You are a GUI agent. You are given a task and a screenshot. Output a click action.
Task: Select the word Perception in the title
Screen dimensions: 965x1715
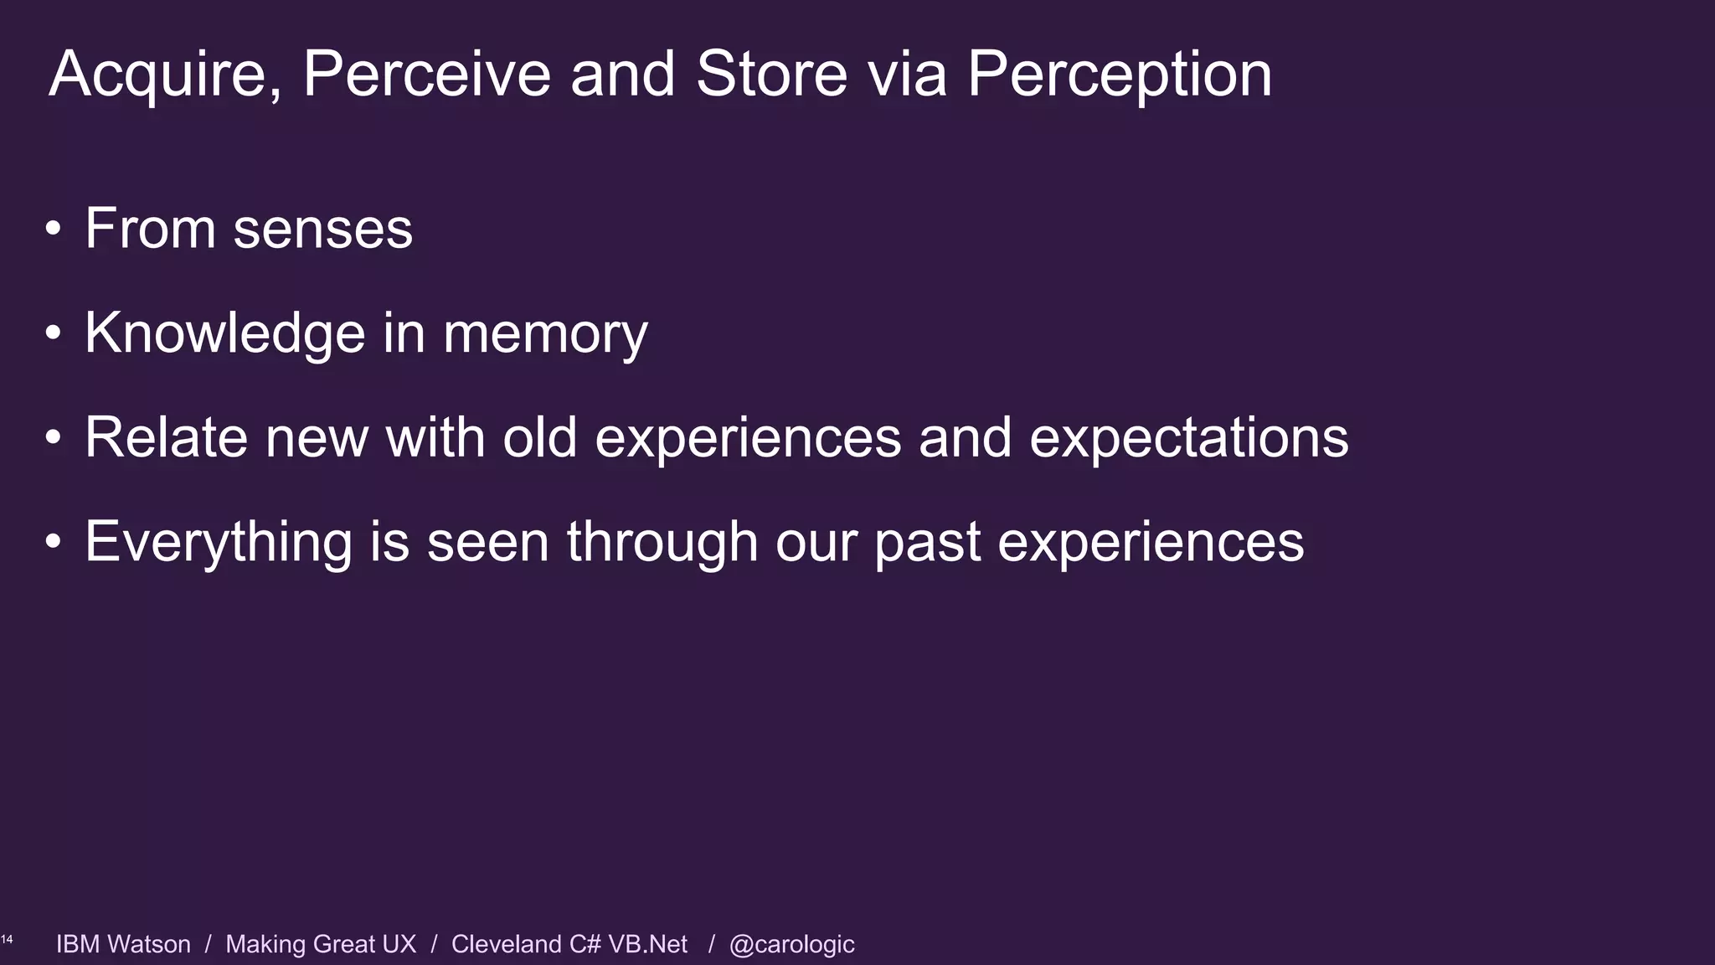pos(1120,75)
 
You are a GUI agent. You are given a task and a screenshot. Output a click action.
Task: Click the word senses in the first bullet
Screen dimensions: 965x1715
pos(322,229)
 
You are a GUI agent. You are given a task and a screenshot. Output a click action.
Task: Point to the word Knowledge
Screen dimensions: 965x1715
pos(224,333)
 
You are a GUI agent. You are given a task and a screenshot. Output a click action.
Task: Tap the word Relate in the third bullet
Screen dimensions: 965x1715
pos(166,437)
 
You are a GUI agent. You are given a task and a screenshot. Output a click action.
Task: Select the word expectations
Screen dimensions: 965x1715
pos(1188,439)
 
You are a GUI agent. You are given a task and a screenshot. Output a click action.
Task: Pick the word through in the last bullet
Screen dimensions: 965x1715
pos(662,543)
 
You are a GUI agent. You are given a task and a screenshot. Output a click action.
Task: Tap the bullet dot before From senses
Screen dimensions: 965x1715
pos(54,229)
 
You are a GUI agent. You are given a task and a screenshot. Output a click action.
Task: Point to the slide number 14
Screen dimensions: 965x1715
pos(7,940)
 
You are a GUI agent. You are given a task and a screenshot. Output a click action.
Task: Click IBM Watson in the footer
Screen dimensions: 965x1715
pos(123,944)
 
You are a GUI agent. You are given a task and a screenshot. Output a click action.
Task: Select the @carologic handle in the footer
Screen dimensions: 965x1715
pos(791,944)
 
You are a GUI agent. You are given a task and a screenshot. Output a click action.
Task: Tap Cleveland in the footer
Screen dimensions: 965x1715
pos(506,944)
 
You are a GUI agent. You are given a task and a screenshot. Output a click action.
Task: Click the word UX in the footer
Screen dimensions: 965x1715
pos(399,944)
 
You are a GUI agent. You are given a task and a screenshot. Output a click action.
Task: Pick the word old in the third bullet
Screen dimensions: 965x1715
pos(539,437)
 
